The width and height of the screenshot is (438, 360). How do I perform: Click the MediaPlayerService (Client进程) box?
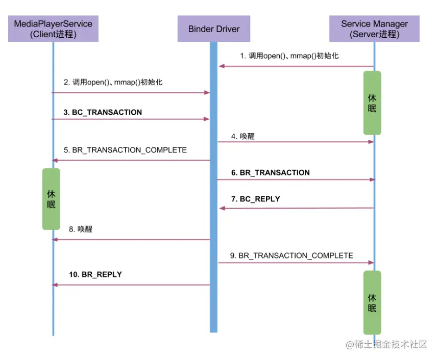coord(53,29)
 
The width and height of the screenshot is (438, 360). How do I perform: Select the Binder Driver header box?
coord(213,29)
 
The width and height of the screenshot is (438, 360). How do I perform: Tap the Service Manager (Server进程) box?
coord(374,29)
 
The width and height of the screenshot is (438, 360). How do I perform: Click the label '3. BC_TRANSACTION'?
coord(103,112)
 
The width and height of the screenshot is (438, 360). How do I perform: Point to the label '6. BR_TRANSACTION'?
coord(270,173)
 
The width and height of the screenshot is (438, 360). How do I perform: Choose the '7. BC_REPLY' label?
coord(255,199)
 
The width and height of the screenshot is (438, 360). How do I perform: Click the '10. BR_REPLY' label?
coord(95,274)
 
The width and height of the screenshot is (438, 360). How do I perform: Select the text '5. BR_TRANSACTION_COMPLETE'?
coord(125,150)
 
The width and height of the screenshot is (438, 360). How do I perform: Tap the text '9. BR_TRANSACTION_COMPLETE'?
coord(291,255)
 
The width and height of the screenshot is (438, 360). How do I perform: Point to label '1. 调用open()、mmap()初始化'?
coord(289,56)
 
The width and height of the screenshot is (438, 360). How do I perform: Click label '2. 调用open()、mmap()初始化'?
coord(113,82)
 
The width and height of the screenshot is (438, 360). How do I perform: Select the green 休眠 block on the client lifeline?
coord(51,199)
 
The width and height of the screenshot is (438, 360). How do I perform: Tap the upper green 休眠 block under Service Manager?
coord(372,102)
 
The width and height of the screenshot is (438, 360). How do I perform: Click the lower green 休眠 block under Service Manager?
coord(372,302)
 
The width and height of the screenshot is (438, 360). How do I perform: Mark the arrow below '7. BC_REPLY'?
coord(296,208)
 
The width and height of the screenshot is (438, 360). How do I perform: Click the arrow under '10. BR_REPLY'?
coord(131,285)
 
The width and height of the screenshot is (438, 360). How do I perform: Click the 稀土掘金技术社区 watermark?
coord(386,345)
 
